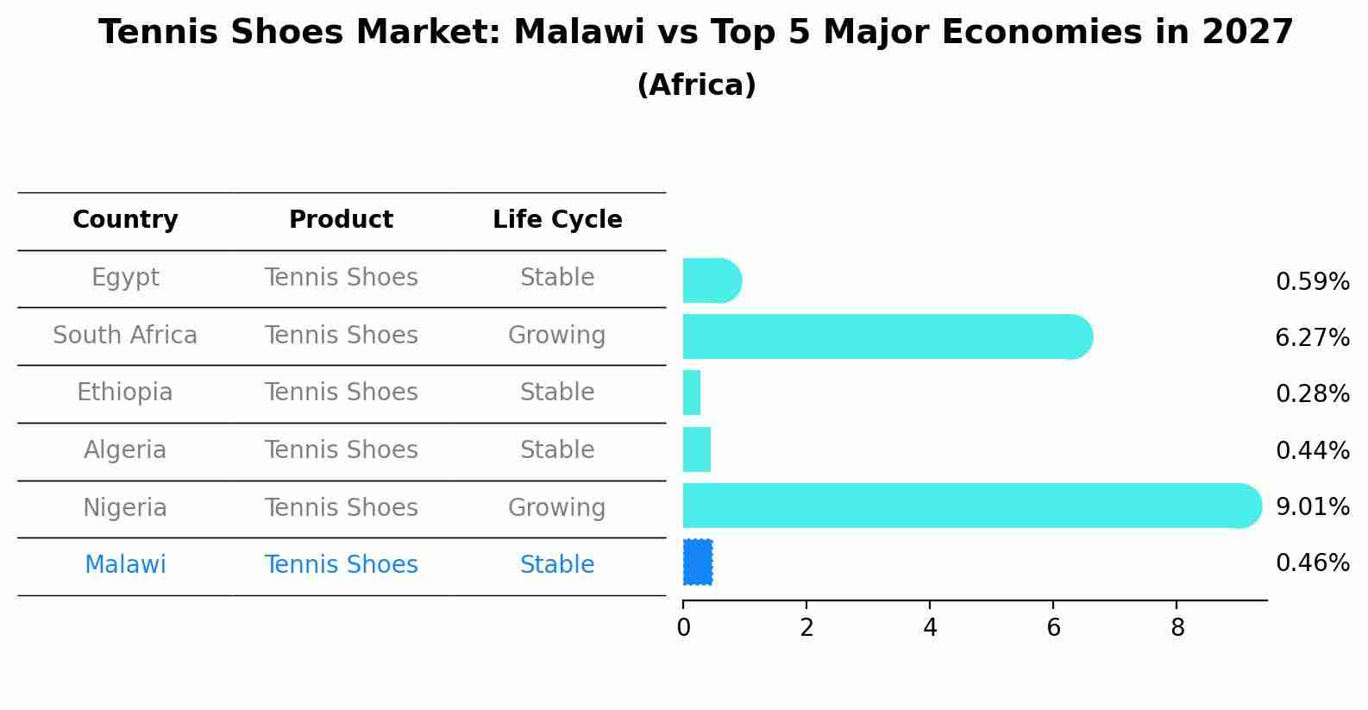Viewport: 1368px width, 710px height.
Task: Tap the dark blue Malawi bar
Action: [698, 562]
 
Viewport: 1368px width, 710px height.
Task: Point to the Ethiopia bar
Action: [692, 393]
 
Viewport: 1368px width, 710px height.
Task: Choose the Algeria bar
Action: [697, 449]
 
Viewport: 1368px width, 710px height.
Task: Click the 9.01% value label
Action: [1312, 506]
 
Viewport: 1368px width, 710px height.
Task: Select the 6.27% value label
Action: [1312, 337]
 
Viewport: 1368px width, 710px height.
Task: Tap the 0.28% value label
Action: [1312, 393]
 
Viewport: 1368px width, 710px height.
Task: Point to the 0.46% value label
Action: [1312, 563]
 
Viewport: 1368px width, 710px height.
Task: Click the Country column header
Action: [125, 220]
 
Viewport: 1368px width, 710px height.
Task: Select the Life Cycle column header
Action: [557, 220]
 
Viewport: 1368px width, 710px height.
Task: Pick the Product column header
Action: [341, 220]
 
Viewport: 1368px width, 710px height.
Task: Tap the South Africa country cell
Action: [125, 335]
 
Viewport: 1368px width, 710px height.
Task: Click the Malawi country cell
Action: [125, 565]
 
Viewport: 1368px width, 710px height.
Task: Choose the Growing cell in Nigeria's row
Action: [556, 507]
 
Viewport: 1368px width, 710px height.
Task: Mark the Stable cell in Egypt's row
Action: [557, 278]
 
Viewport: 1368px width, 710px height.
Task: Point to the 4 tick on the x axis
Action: [930, 627]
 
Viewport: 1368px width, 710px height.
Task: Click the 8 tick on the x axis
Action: [1177, 627]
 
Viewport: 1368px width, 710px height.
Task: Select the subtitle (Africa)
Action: [696, 85]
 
